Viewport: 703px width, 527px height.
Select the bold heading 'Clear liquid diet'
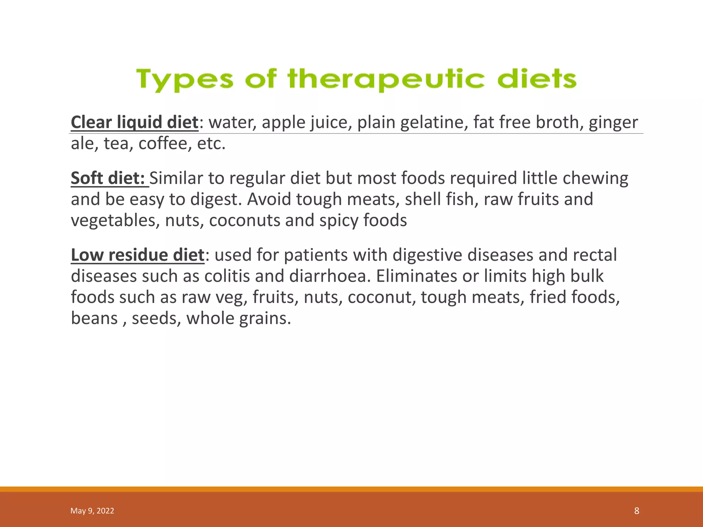135,122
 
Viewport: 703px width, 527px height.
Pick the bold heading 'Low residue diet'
137,255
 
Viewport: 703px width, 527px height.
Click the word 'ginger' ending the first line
613,122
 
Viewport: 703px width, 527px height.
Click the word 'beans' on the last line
94,318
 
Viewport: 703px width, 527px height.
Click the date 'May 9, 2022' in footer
92,511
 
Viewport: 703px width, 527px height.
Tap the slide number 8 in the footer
636,511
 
